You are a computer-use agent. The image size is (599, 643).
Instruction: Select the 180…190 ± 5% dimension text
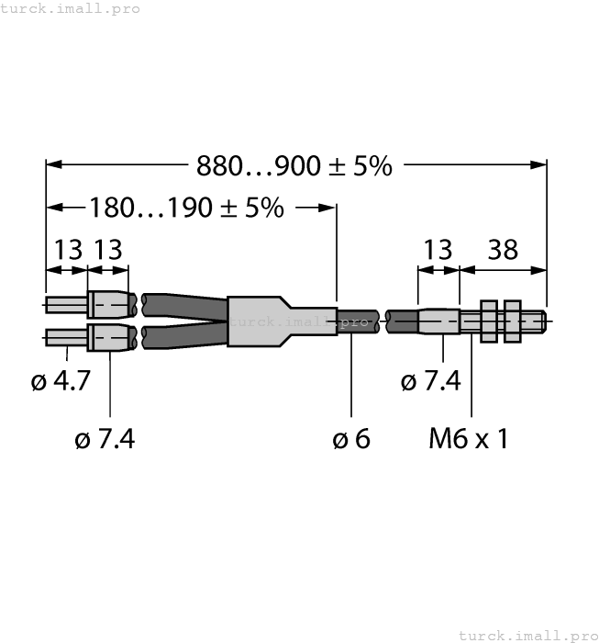click(x=186, y=208)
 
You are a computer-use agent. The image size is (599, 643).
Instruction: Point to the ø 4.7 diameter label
click(x=61, y=380)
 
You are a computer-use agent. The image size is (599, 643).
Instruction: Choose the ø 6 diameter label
click(x=351, y=439)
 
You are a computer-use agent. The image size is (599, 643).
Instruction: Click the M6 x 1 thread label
click(x=468, y=439)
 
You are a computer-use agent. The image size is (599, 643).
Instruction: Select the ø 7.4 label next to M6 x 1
click(x=431, y=380)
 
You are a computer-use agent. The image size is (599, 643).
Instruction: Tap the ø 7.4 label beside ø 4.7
click(x=105, y=439)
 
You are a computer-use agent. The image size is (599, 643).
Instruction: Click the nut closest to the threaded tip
click(x=512, y=321)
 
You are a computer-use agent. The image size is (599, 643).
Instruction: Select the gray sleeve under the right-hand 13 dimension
click(x=438, y=321)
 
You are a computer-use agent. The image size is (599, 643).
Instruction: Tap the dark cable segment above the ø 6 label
click(x=358, y=321)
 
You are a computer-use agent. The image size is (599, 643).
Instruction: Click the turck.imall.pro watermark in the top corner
click(x=71, y=8)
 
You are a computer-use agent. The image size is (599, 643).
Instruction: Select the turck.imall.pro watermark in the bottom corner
click(x=527, y=635)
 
